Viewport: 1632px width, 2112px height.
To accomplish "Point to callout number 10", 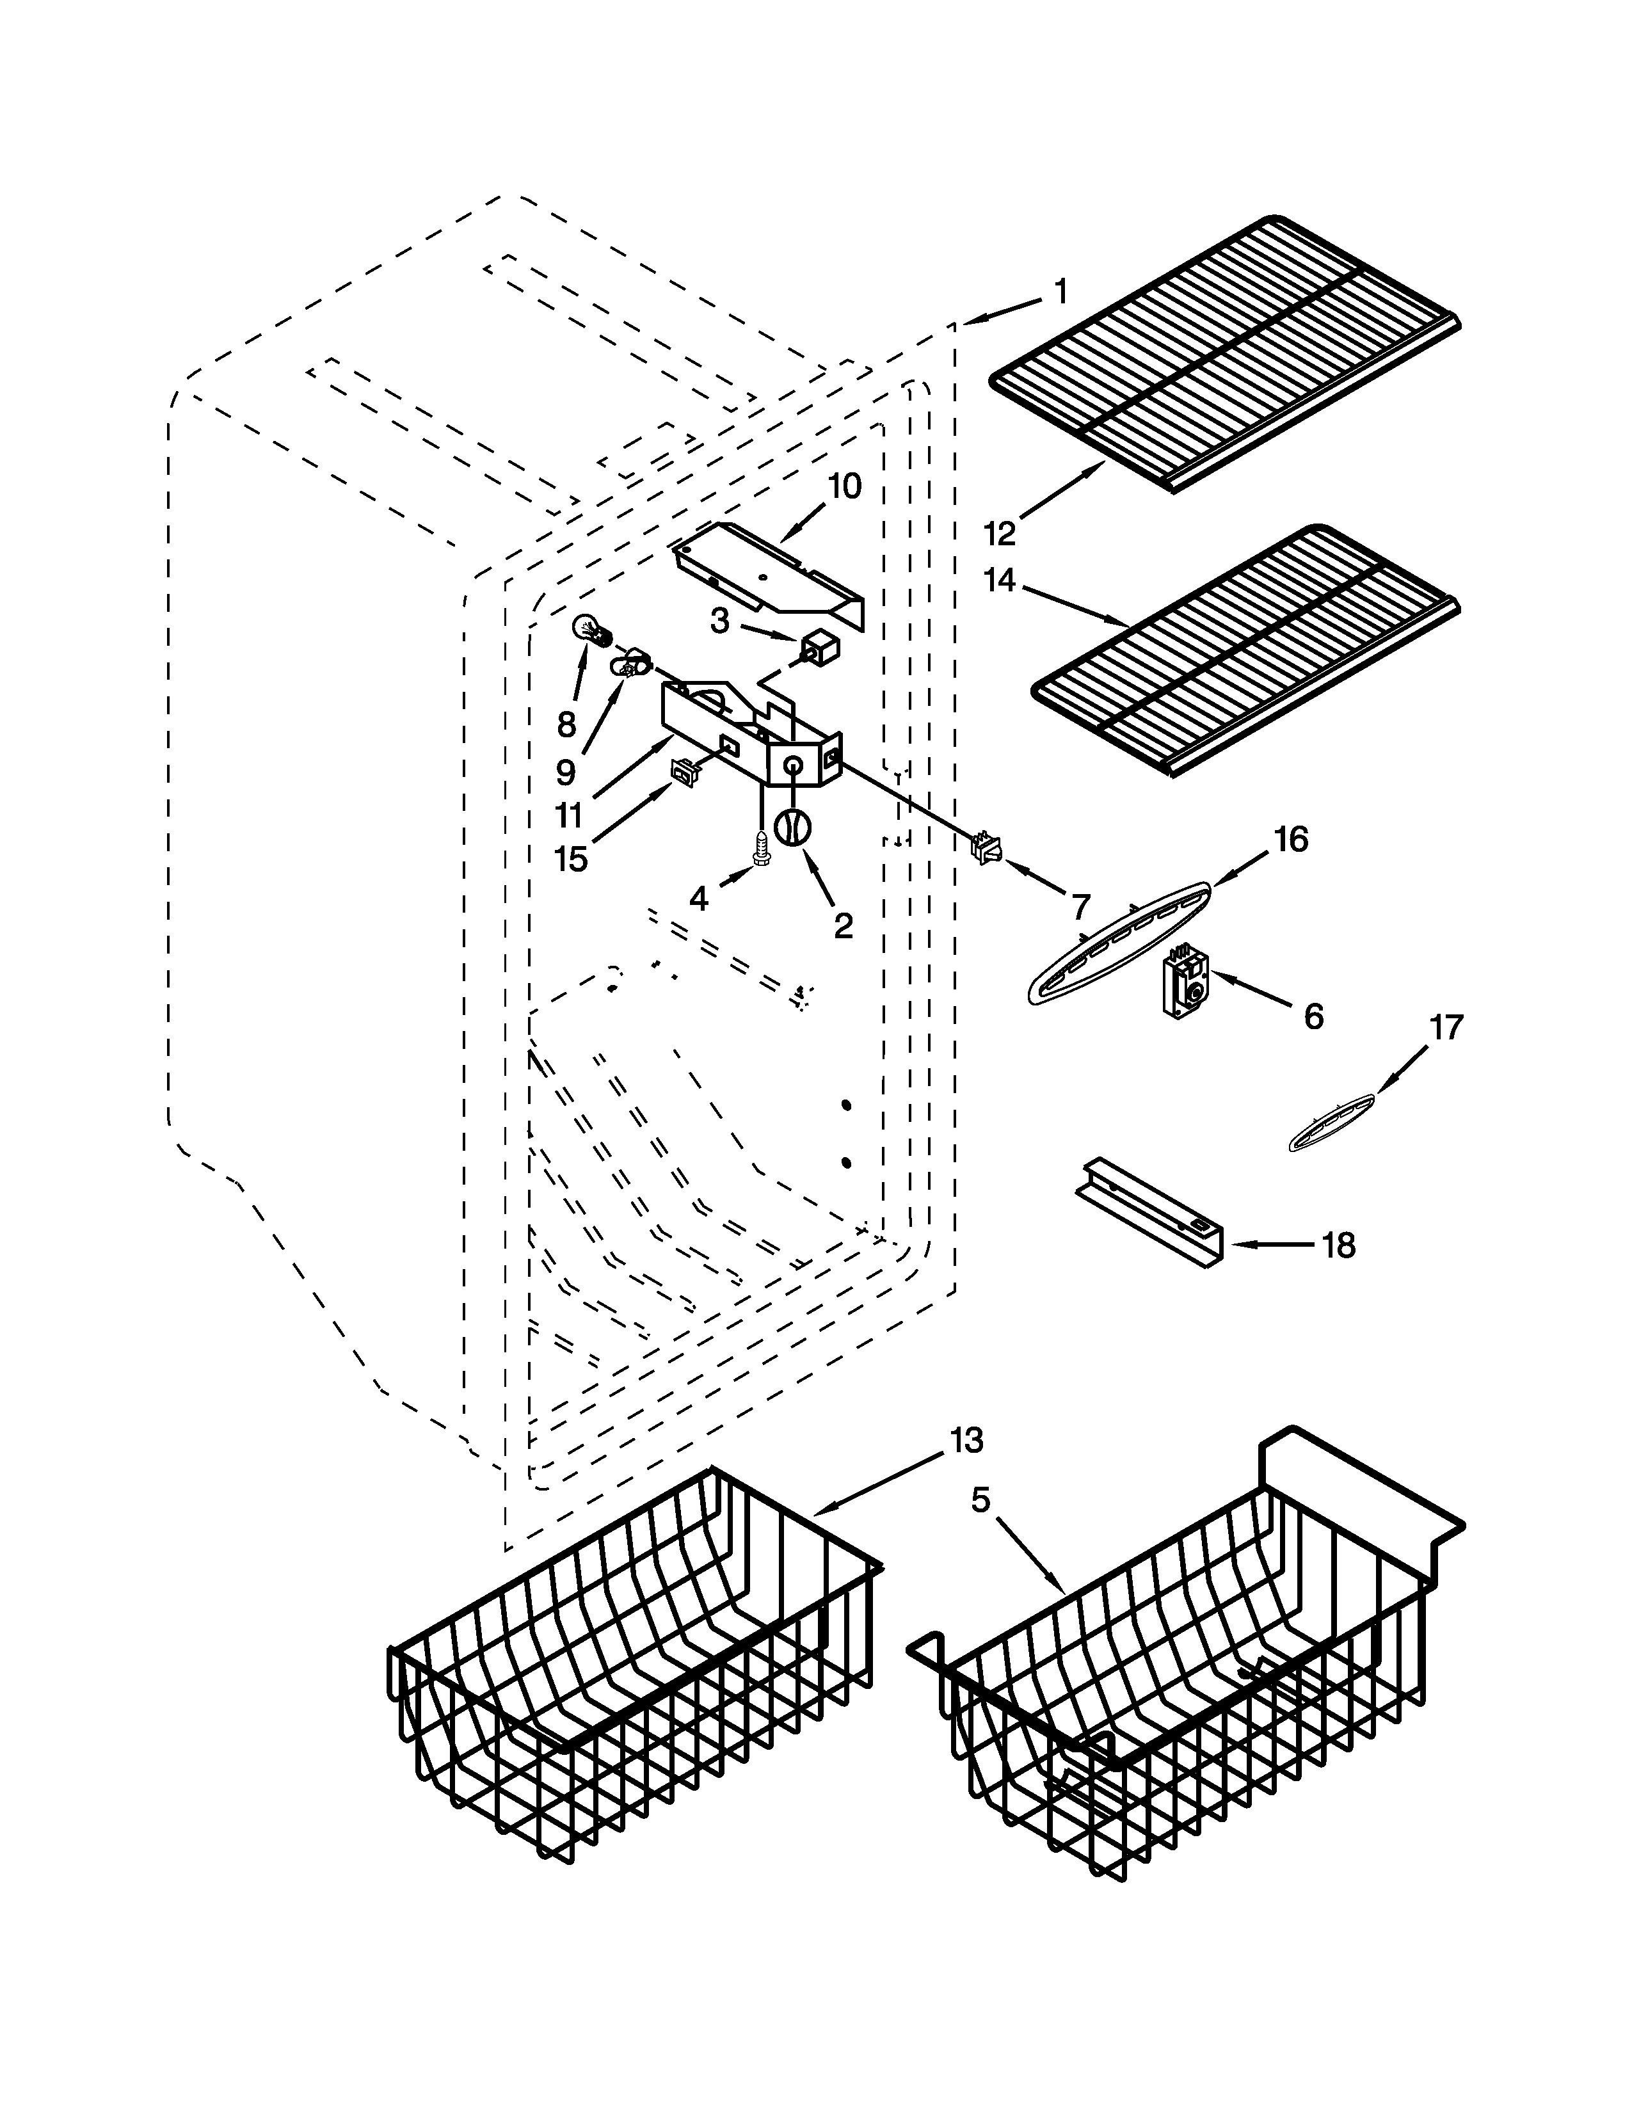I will [844, 486].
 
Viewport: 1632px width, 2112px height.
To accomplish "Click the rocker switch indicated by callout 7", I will [987, 848].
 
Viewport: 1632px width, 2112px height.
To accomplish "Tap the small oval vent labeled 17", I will [1332, 1123].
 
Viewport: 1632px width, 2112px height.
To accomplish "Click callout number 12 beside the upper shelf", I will [1001, 533].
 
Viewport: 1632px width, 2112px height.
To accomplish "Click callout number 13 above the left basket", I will [966, 1440].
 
